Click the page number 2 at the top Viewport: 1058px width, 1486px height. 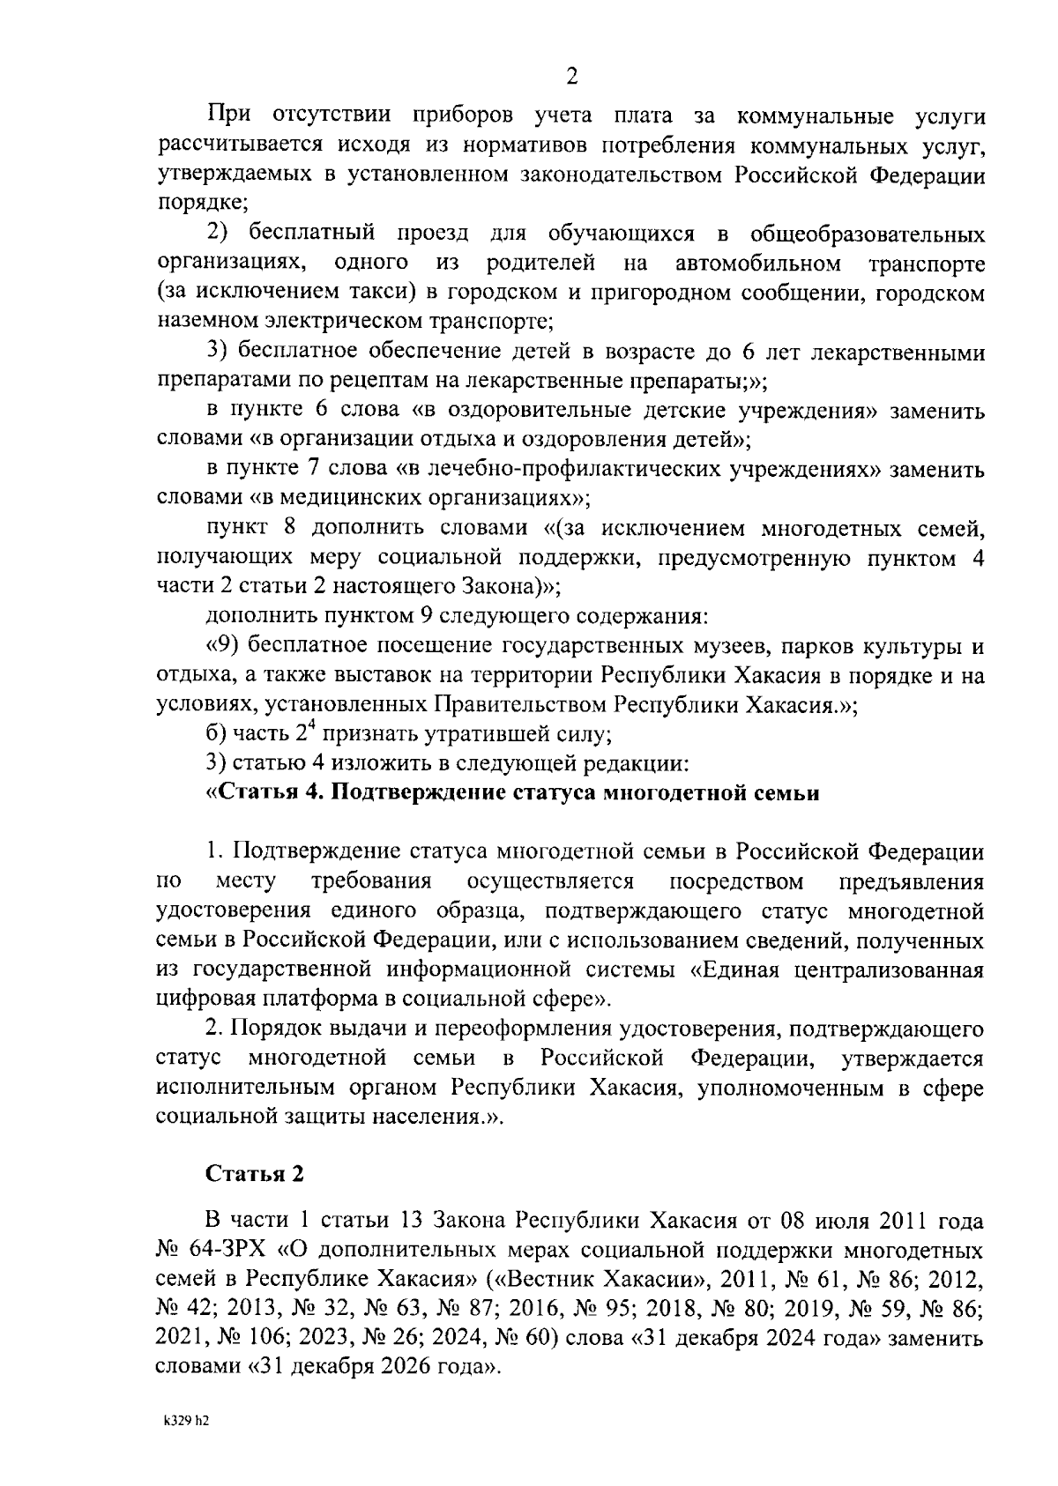571,78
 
